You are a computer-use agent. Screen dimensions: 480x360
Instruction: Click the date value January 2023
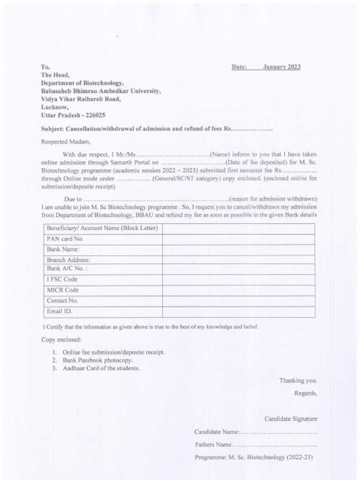pyautogui.click(x=281, y=67)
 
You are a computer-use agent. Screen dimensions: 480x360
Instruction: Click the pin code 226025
pyautogui.click(x=95, y=115)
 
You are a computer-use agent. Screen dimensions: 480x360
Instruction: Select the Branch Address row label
pyautogui.click(x=68, y=260)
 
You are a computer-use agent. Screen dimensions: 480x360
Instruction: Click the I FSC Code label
pyautogui.click(x=62, y=279)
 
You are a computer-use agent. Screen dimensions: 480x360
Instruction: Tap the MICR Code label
pyautogui.click(x=63, y=290)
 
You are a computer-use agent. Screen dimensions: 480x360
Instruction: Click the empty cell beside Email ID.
pyautogui.click(x=238, y=311)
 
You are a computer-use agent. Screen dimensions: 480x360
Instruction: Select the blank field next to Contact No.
pyautogui.click(x=238, y=300)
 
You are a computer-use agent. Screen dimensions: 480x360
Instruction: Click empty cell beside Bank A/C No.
pyautogui.click(x=238, y=269)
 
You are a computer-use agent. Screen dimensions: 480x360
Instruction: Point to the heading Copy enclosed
pyautogui.click(x=61, y=339)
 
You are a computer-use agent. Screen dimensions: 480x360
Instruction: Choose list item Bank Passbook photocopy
pyautogui.click(x=98, y=360)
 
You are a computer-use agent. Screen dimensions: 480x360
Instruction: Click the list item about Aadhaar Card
pyautogui.click(x=101, y=368)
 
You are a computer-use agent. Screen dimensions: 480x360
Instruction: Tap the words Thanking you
pyautogui.click(x=298, y=381)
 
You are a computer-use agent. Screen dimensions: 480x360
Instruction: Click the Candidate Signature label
pyautogui.click(x=291, y=419)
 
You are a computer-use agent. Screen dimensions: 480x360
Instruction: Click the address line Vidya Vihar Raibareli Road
pyautogui.click(x=81, y=99)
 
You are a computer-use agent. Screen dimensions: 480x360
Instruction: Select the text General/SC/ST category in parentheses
pyautogui.click(x=184, y=179)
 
